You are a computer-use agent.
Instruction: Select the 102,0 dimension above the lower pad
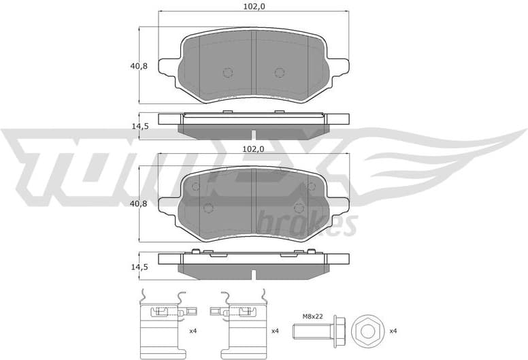pos(253,148)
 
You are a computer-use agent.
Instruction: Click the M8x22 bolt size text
pos(312,316)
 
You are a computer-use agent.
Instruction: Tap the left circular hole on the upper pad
pos(227,72)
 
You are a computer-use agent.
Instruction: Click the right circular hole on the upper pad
pos(279,72)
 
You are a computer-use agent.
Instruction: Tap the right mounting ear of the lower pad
pos(340,202)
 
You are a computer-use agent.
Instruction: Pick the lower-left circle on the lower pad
pos(210,208)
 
